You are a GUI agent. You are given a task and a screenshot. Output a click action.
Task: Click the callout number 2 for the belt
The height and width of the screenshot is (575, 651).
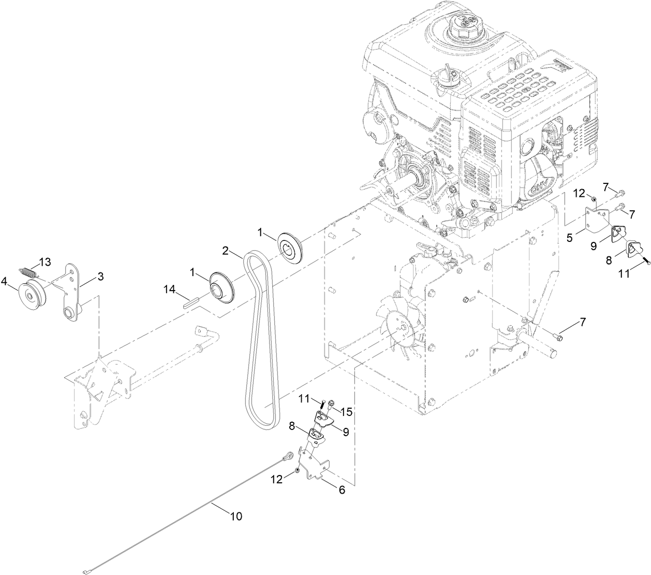point(226,250)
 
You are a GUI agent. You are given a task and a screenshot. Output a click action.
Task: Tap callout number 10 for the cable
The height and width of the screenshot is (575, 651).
point(235,516)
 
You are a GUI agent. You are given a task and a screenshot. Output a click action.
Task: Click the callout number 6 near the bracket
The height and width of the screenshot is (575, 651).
point(342,490)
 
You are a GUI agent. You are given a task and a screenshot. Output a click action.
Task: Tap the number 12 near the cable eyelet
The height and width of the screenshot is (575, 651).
point(277,480)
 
